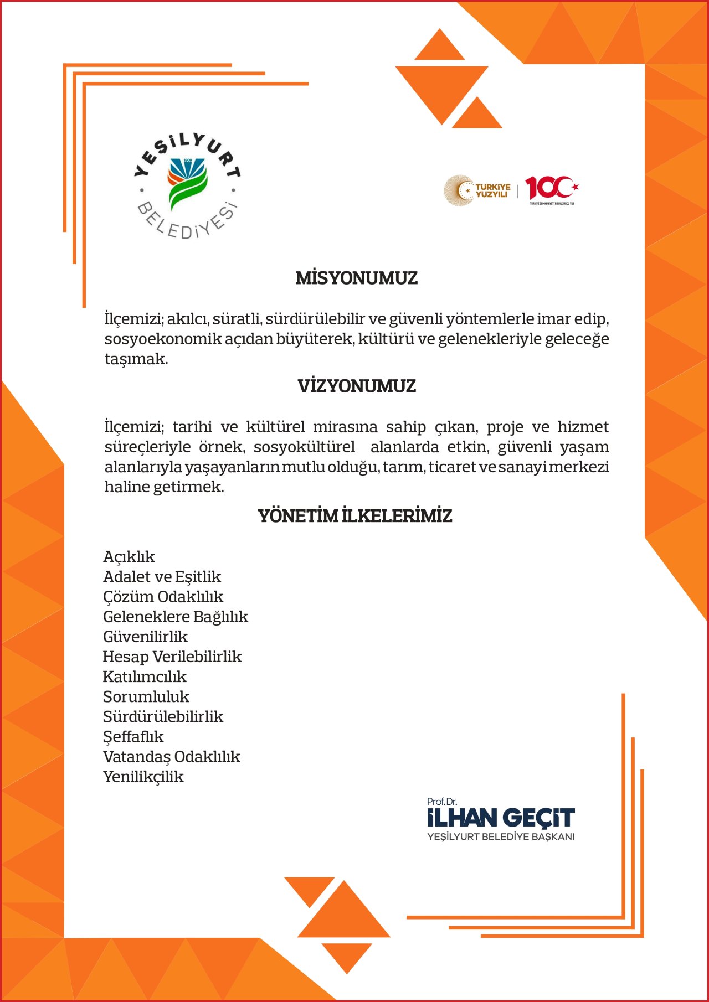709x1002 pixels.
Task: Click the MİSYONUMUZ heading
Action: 356,278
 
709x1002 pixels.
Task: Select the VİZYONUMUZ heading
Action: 356,386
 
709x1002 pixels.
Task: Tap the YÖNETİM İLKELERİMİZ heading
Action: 355,516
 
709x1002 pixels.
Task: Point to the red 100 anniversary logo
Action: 551,189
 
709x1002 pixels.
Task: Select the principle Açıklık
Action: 129,557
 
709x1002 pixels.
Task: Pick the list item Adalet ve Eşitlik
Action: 162,577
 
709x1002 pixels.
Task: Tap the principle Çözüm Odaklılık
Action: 163,597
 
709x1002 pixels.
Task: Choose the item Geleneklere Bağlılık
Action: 176,617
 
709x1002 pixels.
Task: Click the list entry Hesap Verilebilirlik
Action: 172,657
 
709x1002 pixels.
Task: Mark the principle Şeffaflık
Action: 133,737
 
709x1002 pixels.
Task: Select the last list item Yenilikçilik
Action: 143,777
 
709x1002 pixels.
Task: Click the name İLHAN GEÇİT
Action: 501,818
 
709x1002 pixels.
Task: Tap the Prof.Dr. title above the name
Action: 442,802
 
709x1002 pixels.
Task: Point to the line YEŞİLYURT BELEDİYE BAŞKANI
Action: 501,836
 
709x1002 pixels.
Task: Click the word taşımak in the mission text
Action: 136,359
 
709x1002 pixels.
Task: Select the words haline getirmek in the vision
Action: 165,487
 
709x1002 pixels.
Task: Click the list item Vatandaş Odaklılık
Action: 172,757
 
